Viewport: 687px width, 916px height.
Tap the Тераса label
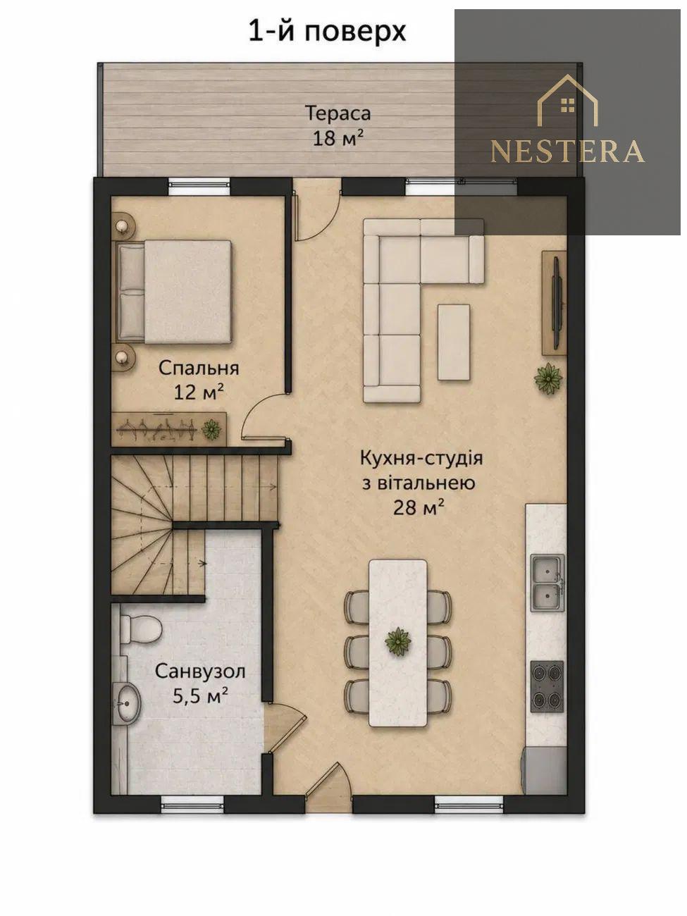tap(338, 113)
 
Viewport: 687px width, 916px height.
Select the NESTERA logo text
tap(568, 151)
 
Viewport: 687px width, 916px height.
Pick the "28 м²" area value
tap(418, 508)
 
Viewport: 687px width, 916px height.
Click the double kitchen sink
tap(547, 583)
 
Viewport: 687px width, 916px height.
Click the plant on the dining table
tap(398, 642)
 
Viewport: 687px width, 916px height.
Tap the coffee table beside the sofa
tap(454, 342)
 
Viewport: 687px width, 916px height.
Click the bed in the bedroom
tap(174, 292)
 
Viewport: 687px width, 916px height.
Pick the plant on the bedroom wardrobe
tap(211, 428)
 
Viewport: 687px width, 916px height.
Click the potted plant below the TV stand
tap(548, 378)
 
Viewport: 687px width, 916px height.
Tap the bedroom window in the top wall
tap(199, 187)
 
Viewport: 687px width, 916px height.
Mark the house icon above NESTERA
tap(568, 100)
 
